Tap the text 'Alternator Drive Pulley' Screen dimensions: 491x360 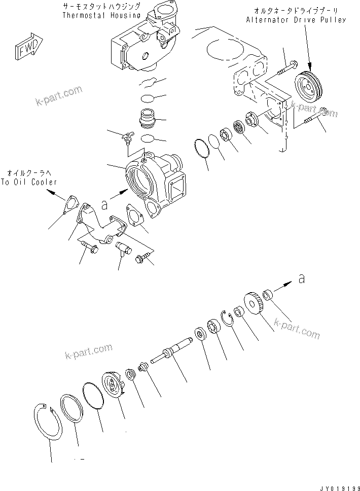(296, 20)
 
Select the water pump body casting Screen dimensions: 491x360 (155, 180)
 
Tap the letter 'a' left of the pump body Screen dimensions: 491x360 (104, 204)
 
